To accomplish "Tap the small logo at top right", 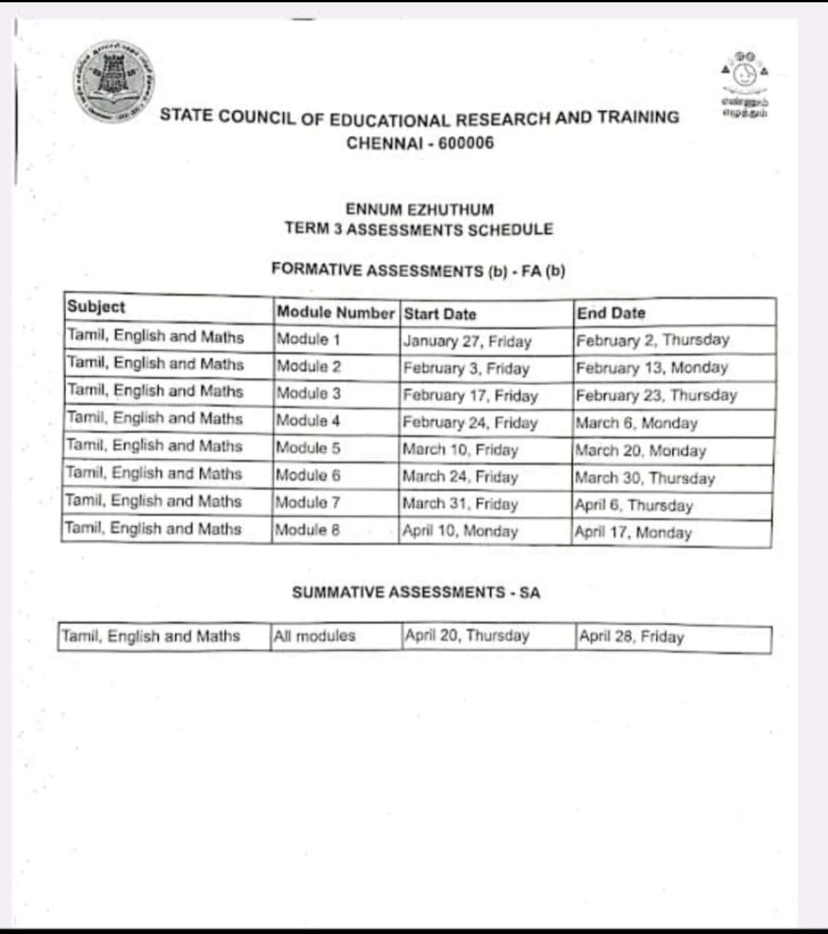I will [744, 85].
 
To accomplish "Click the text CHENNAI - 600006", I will [420, 143].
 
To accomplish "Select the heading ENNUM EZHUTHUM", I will [419, 209].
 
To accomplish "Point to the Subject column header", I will [96, 306].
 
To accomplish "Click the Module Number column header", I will [335, 312].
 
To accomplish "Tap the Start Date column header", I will [440, 314].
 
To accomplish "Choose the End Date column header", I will [611, 313].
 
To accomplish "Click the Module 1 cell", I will [308, 339].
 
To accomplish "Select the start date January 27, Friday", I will [467, 341].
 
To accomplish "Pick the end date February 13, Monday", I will [652, 368].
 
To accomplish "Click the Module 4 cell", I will [308, 421].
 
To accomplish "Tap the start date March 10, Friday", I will [460, 449].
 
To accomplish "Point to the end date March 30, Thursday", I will [645, 478].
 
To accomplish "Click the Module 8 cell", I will [308, 529].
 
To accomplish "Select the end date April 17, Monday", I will [633, 532].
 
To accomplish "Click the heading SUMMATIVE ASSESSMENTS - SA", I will [416, 592].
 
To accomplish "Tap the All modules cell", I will [315, 636].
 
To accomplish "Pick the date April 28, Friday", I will [631, 637].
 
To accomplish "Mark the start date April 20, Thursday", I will [467, 635].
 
